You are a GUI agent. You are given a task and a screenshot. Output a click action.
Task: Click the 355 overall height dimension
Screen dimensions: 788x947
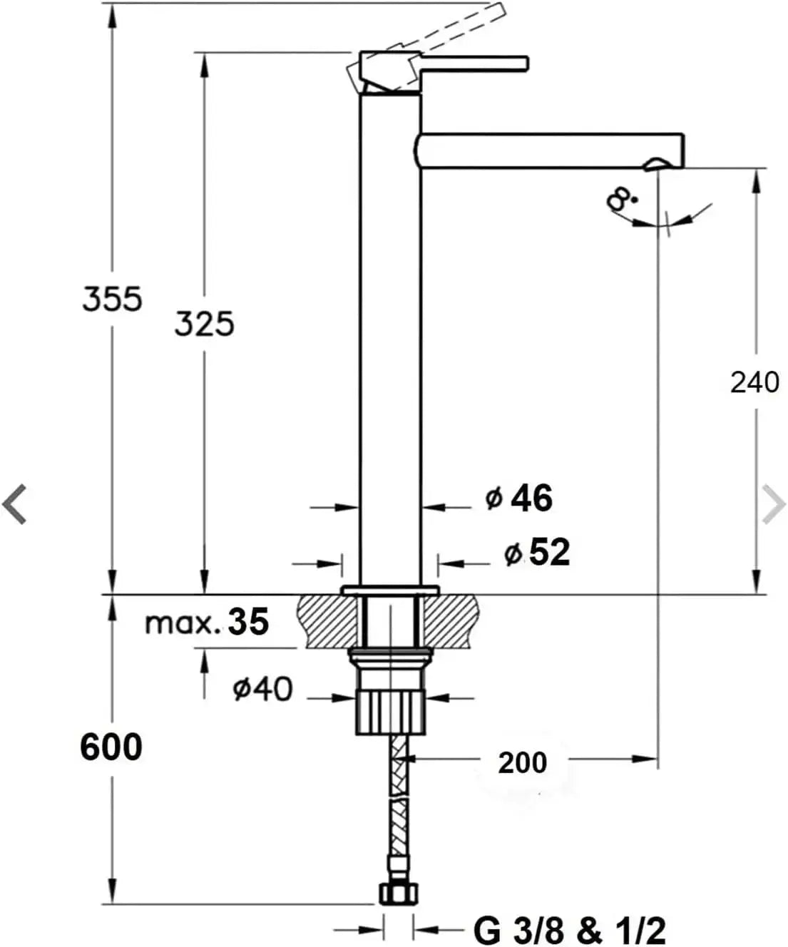[113, 299]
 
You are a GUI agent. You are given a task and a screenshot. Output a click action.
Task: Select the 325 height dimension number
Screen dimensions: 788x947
[205, 324]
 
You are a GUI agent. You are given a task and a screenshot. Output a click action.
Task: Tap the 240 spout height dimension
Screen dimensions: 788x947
[754, 382]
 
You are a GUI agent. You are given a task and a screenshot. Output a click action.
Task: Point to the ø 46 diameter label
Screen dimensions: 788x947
[519, 498]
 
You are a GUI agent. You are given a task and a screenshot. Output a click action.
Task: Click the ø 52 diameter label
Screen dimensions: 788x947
[537, 553]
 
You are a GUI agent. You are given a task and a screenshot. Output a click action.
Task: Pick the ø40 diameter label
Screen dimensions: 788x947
[262, 689]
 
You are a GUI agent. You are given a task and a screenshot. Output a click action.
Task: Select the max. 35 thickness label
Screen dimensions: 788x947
[207, 623]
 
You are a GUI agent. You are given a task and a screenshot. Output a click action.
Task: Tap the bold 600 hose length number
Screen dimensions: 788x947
[111, 748]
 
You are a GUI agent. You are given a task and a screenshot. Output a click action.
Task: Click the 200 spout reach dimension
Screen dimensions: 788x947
[523, 763]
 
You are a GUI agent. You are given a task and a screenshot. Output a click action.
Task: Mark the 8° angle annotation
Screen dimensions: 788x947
[621, 200]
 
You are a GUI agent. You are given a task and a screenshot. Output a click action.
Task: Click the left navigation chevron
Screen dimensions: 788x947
[14, 504]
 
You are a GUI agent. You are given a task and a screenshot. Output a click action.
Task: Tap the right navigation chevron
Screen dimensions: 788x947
[774, 504]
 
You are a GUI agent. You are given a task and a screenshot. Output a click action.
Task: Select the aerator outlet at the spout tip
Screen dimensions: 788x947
[656, 164]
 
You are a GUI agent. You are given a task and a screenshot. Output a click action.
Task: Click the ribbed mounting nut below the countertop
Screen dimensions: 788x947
[390, 712]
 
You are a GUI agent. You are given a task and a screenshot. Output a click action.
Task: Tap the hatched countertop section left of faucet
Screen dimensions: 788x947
[326, 621]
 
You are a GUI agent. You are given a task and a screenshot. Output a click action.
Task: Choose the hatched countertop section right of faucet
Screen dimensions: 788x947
[451, 621]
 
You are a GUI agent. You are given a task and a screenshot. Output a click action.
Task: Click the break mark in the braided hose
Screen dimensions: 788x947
[399, 797]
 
